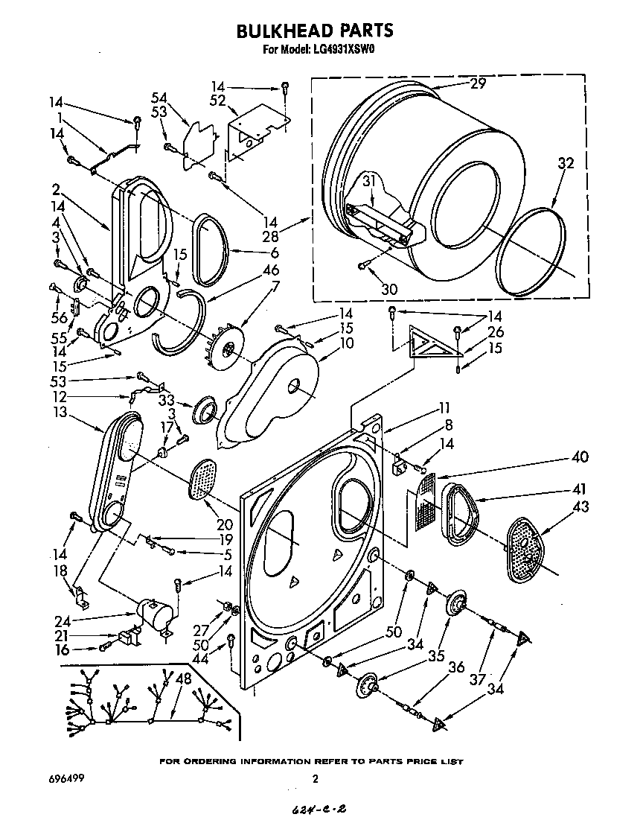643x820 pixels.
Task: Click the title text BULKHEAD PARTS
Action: [x=315, y=31]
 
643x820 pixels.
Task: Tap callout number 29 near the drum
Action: [x=477, y=84]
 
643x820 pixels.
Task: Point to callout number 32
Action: [x=566, y=165]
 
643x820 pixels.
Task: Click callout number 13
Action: [x=60, y=411]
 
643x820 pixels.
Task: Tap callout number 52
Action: [x=217, y=101]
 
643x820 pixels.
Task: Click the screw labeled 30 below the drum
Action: [x=362, y=264]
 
